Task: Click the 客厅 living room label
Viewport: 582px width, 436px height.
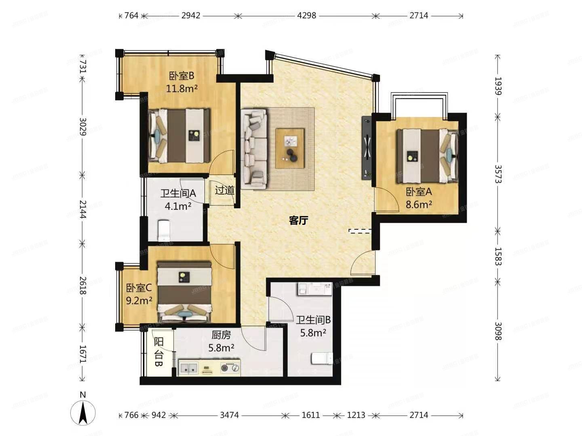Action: [x=299, y=220]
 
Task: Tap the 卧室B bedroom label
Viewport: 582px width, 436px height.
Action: [x=182, y=75]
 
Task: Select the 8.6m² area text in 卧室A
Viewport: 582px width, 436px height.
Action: [x=419, y=204]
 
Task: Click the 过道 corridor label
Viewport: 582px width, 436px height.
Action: [x=224, y=190]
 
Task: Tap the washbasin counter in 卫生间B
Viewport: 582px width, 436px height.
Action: [x=315, y=289]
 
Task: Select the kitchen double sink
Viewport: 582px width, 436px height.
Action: [x=189, y=368]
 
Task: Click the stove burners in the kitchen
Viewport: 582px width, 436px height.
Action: [x=230, y=368]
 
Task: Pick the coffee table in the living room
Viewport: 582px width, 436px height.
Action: [x=290, y=148]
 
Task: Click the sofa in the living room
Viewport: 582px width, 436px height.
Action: [x=254, y=149]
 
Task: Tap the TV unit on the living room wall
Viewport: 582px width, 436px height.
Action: [x=367, y=148]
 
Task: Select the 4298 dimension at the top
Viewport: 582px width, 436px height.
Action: [x=307, y=16]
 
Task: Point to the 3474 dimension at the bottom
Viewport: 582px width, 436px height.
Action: [x=229, y=415]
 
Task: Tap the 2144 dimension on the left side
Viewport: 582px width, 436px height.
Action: [x=82, y=209]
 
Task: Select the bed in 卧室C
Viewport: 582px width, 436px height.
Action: [x=185, y=291]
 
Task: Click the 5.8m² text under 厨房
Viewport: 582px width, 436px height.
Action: [x=221, y=347]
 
